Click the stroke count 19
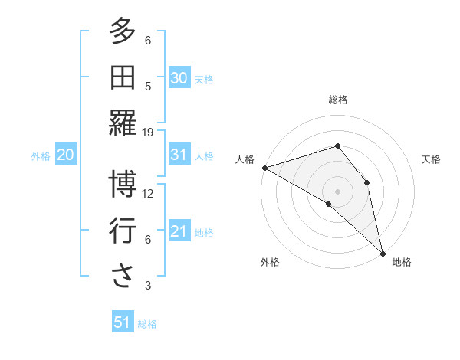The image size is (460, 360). pyautogui.click(x=148, y=133)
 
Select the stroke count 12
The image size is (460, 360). pyautogui.click(x=148, y=194)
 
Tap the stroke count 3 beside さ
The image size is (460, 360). pyautogui.click(x=148, y=286)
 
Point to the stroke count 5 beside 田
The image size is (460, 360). pyautogui.click(x=148, y=87)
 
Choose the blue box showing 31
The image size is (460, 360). pyautogui.click(x=179, y=155)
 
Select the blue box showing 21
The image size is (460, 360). pyautogui.click(x=179, y=231)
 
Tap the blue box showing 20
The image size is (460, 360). pyautogui.click(x=65, y=155)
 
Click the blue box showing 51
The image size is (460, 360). pyautogui.click(x=122, y=322)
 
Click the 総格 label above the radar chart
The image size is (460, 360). pyautogui.click(x=337, y=100)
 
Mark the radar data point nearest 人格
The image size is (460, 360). pyautogui.click(x=264, y=168)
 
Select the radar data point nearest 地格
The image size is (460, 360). pyautogui.click(x=383, y=253)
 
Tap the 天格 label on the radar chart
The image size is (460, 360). pyautogui.click(x=431, y=159)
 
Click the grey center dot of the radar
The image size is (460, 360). pyautogui.click(x=337, y=190)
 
